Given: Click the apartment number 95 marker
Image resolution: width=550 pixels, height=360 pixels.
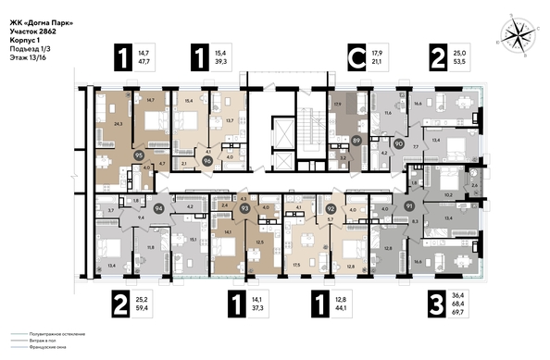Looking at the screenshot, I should point(140,156).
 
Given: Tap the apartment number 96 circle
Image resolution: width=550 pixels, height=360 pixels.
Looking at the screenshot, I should point(207,160).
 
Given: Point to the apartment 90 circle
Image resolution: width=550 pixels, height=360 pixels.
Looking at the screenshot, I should point(399,144).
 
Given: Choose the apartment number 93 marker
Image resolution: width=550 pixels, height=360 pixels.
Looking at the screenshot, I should point(244,209).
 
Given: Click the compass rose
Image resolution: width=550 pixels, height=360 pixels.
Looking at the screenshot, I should point(517,34).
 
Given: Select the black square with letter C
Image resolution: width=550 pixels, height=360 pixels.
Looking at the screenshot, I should point(353,57).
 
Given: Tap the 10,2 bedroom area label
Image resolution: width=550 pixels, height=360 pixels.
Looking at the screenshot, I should point(448,195).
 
